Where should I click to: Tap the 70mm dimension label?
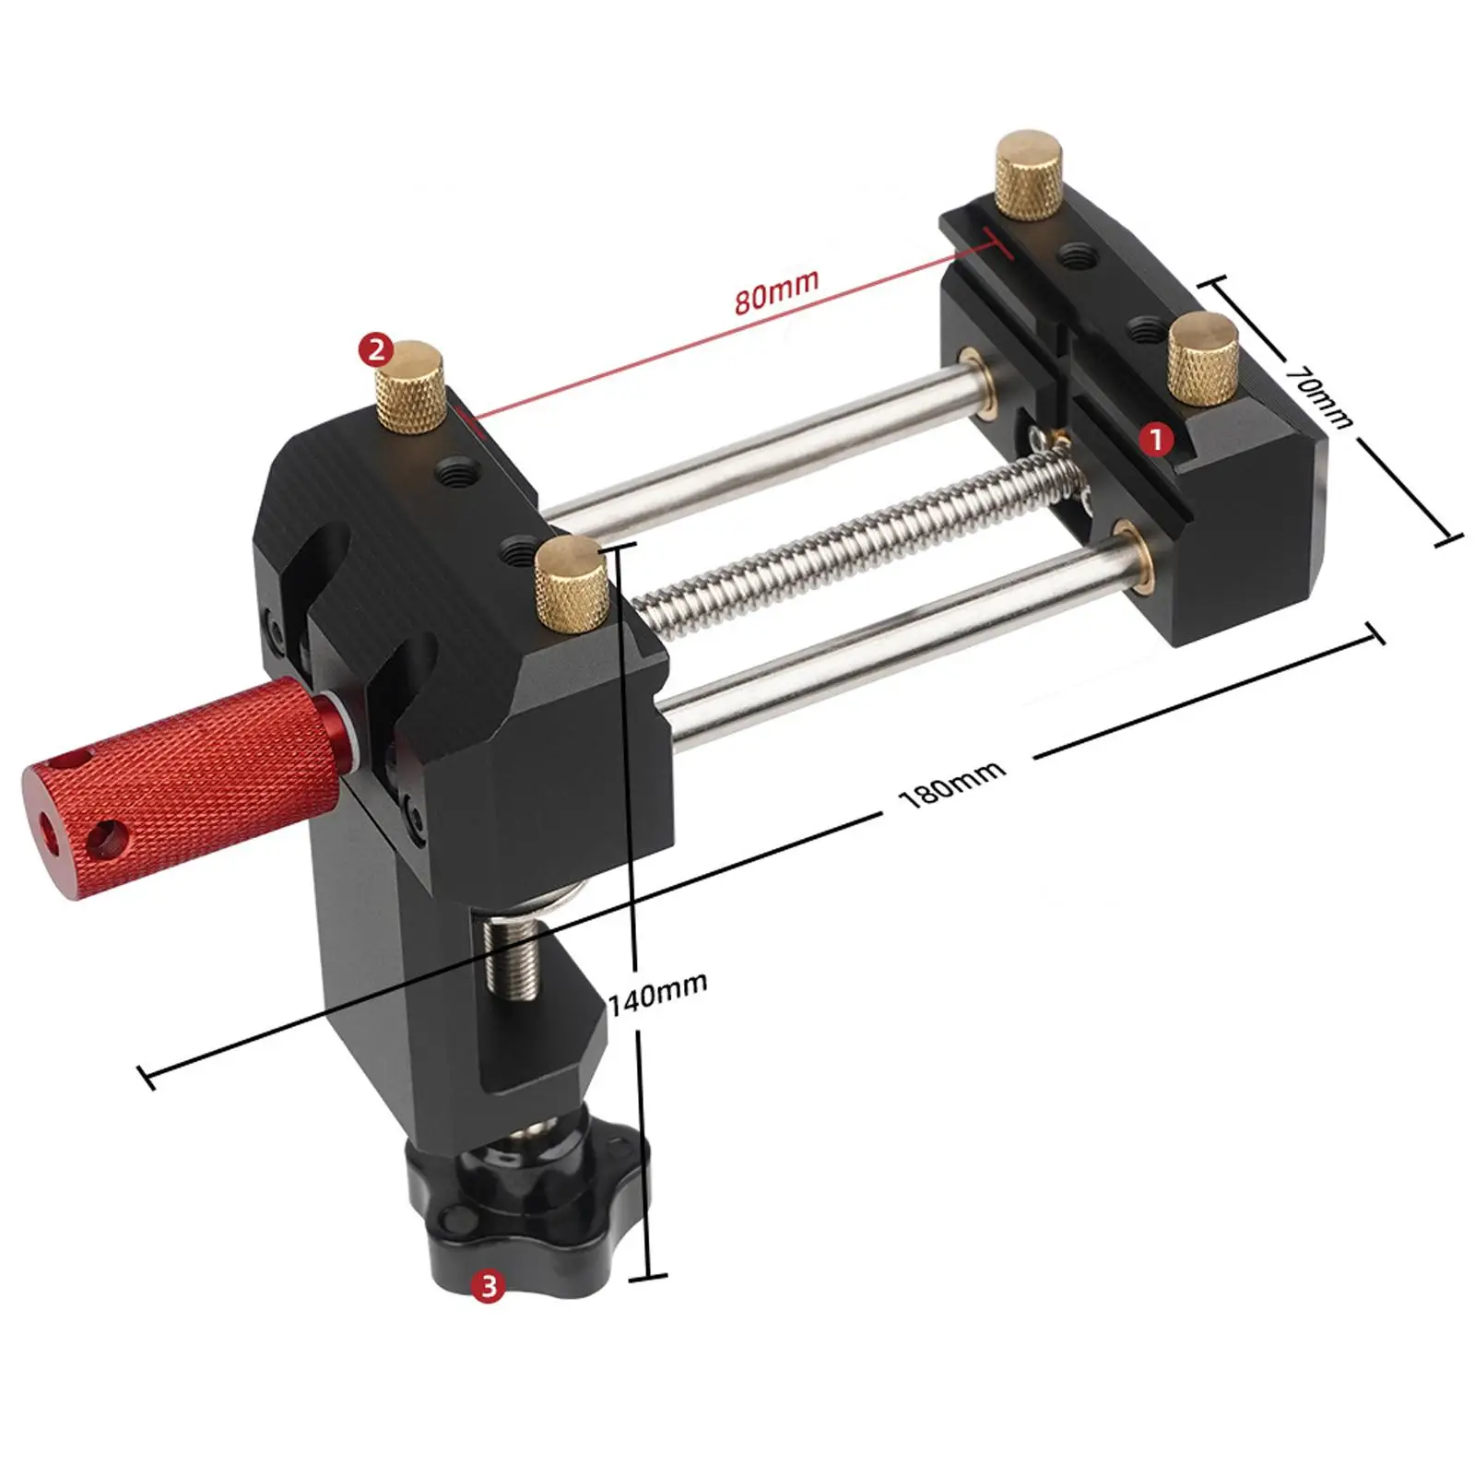click(x=1319, y=395)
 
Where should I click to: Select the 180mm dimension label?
click(x=952, y=784)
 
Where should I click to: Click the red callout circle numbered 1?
click(x=1156, y=439)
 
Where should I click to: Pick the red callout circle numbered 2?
click(x=376, y=350)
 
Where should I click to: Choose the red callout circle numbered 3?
click(x=489, y=1284)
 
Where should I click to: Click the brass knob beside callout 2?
click(x=410, y=387)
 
